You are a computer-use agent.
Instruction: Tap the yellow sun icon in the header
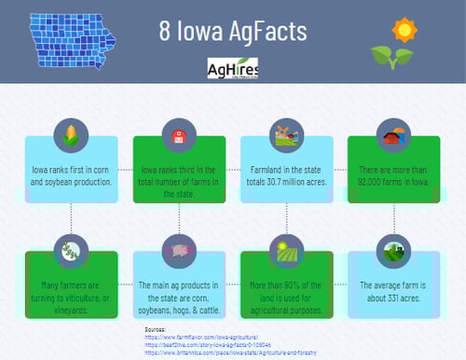(x=403, y=30)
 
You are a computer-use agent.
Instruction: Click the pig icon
(x=179, y=251)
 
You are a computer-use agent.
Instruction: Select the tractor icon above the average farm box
(x=392, y=251)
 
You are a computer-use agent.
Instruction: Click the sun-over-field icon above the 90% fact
(x=284, y=251)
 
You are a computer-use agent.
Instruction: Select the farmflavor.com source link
(x=202, y=338)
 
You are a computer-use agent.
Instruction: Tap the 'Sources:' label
(x=156, y=329)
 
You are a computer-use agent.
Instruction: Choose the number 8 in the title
(x=169, y=31)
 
